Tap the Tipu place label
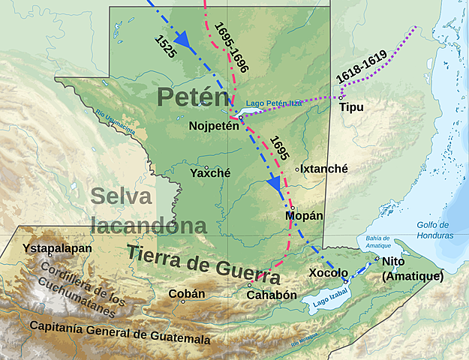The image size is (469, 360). (x=351, y=107)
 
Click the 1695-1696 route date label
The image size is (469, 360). (x=230, y=46)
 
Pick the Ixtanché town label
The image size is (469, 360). (x=325, y=169)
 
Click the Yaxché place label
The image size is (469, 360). (x=210, y=172)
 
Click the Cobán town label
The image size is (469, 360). (x=187, y=293)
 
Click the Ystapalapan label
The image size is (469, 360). (x=57, y=248)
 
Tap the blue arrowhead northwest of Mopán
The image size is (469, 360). (x=275, y=184)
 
